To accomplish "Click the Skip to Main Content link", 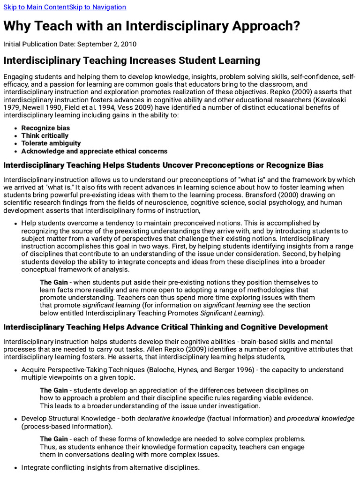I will tap(36, 7).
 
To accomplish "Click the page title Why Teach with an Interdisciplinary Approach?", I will tap(151, 26).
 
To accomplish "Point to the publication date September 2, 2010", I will tap(107, 45).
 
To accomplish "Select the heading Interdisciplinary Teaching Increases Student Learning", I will tap(132, 60).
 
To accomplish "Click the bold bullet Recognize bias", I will tap(45, 128).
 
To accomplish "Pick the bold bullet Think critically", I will tap(45, 135).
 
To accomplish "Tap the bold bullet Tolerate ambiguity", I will tap(51, 143).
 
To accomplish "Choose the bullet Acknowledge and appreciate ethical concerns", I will tap(94, 151).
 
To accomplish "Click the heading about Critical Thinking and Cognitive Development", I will tap(165, 327).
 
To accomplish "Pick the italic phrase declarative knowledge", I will tap(171, 418).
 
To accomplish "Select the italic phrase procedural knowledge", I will tap(321, 418).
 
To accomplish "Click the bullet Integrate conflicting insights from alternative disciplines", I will tap(111, 467).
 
